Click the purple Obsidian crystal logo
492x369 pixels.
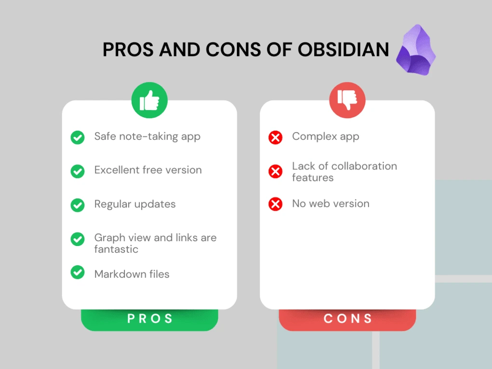coord(416,51)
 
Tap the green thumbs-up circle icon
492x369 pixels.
coord(150,100)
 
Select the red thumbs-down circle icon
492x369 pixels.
coord(347,100)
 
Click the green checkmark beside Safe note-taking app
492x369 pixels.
coord(78,137)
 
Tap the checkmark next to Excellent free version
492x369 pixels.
coord(78,171)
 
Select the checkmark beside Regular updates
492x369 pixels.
coord(78,205)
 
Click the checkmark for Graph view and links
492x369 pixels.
coord(78,239)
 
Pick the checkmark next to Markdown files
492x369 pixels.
coord(78,272)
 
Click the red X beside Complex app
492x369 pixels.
coord(275,137)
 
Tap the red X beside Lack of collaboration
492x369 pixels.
coord(275,171)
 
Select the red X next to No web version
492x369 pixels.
coord(275,204)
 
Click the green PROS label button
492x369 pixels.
coord(150,319)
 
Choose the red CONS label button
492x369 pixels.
coord(347,319)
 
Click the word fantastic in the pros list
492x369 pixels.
coord(116,249)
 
